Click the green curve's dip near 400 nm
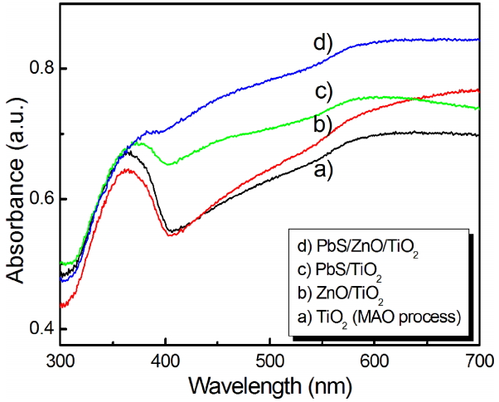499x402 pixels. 170,164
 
